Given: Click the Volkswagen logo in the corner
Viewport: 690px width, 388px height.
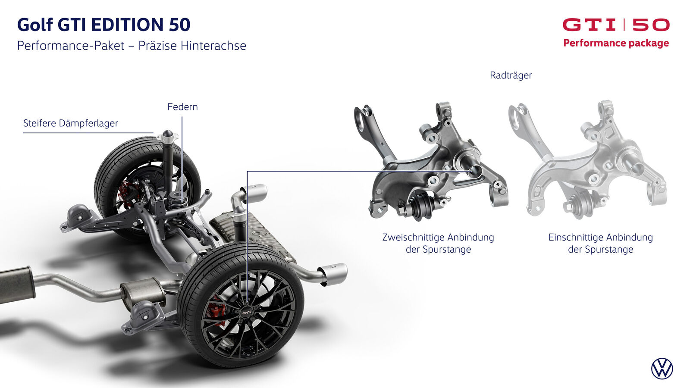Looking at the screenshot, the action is (x=662, y=369).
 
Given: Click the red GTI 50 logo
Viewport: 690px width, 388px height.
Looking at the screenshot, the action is (x=616, y=25).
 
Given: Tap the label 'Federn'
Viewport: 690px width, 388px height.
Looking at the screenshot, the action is (x=182, y=107).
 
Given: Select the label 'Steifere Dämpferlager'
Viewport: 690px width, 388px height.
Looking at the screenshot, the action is (x=71, y=123).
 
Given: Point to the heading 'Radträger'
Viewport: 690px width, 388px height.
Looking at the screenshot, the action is (x=511, y=75).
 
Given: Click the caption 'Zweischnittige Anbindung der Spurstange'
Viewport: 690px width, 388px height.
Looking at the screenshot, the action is (x=438, y=243).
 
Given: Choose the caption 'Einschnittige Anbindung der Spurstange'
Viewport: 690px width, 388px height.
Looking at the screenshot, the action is (x=601, y=243).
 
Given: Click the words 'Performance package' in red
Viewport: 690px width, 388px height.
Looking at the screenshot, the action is (x=616, y=43).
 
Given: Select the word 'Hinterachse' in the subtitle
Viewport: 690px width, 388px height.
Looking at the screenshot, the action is (x=213, y=46).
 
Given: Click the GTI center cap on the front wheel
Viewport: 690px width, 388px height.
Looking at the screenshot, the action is (x=247, y=312).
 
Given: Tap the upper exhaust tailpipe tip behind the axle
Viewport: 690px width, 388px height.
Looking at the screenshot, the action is (x=254, y=193).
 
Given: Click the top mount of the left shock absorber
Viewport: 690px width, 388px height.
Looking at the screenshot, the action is (x=168, y=136).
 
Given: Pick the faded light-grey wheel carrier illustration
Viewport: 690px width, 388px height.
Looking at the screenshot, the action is (x=588, y=160).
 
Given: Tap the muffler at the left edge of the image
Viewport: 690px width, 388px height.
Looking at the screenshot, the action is (x=16, y=285).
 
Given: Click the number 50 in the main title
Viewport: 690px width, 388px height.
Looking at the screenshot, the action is (x=179, y=25).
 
